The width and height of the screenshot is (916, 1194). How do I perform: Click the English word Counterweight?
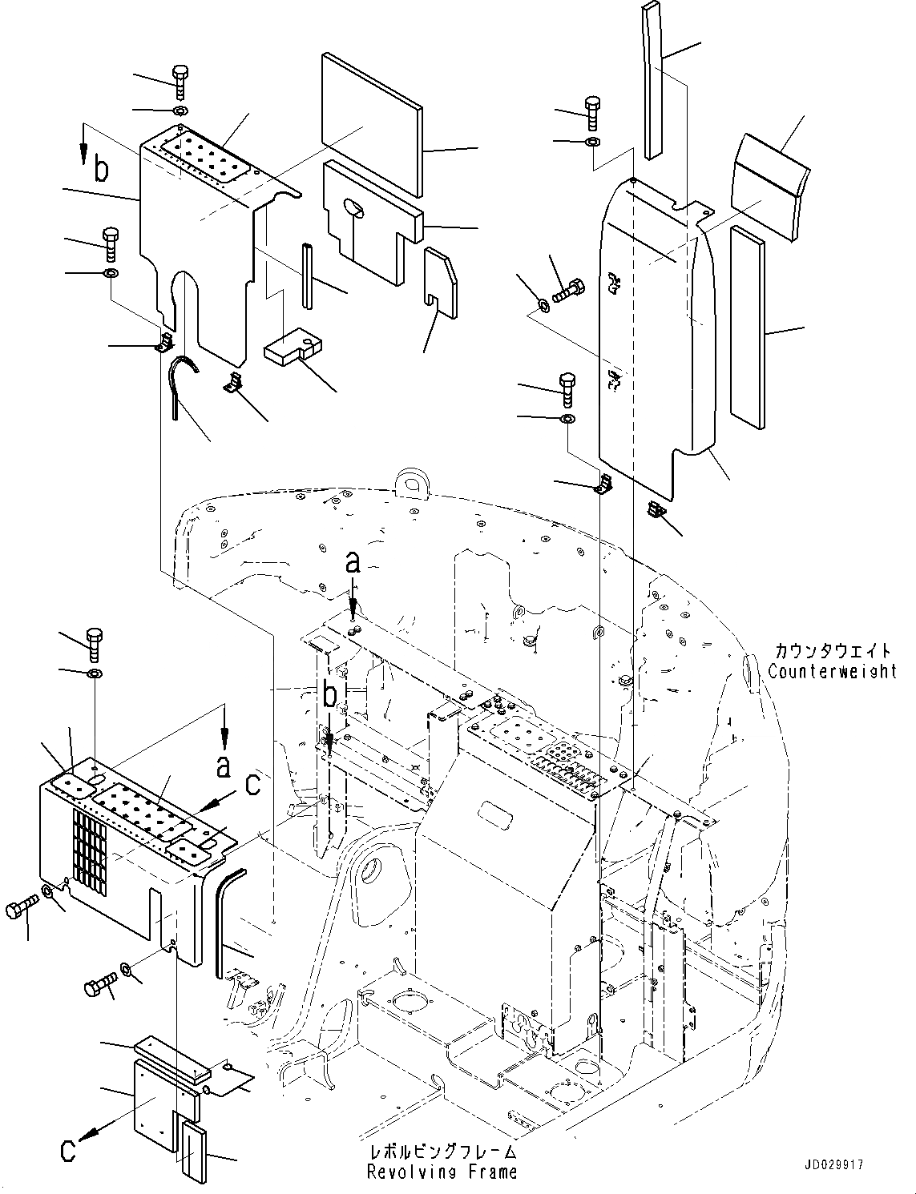(x=832, y=671)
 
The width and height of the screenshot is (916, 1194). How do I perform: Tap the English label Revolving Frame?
(x=441, y=1172)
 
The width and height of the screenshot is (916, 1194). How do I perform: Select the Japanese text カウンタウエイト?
(x=832, y=651)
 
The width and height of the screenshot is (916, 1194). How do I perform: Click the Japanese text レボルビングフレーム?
(x=441, y=1153)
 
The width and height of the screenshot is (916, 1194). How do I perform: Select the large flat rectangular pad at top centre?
(x=370, y=124)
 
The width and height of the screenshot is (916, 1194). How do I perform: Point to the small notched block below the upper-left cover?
(x=292, y=350)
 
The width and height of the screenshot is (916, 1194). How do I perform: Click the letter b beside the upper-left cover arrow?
(x=100, y=170)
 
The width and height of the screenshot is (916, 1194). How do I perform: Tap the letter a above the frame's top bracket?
(x=353, y=563)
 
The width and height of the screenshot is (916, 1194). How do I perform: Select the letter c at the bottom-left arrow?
(x=68, y=1150)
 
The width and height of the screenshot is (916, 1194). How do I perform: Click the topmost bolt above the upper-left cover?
(x=180, y=82)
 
